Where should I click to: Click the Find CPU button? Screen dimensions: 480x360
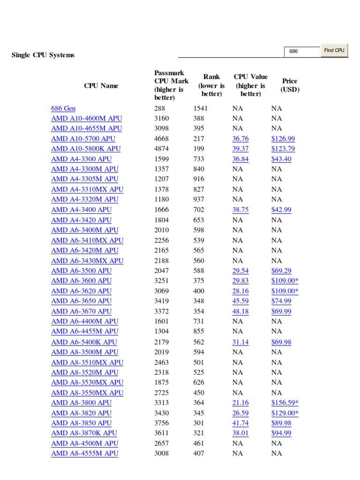[x=334, y=51]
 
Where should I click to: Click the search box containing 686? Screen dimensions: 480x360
[x=302, y=51]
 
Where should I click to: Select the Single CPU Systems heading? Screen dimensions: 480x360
[x=43, y=55]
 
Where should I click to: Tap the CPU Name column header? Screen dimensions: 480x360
[x=101, y=86]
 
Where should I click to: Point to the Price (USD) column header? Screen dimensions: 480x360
[x=290, y=85]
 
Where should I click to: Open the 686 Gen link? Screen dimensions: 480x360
[x=63, y=108]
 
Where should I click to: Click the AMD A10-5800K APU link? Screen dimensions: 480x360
[x=86, y=149]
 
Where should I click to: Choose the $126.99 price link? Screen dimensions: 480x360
[x=283, y=139]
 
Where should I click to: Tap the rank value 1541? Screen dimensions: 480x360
[x=201, y=108]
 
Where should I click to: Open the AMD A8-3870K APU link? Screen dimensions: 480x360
[x=84, y=433]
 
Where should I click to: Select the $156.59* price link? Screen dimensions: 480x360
[x=285, y=403]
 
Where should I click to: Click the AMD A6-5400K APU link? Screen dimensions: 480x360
[x=84, y=342]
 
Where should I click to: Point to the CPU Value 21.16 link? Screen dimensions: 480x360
[x=240, y=403]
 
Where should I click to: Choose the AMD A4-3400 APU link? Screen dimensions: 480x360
[x=82, y=210]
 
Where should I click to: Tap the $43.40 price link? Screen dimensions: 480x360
[x=281, y=159]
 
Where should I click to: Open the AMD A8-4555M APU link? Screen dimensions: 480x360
[x=85, y=453]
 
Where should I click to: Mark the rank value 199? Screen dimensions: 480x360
[x=199, y=149]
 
